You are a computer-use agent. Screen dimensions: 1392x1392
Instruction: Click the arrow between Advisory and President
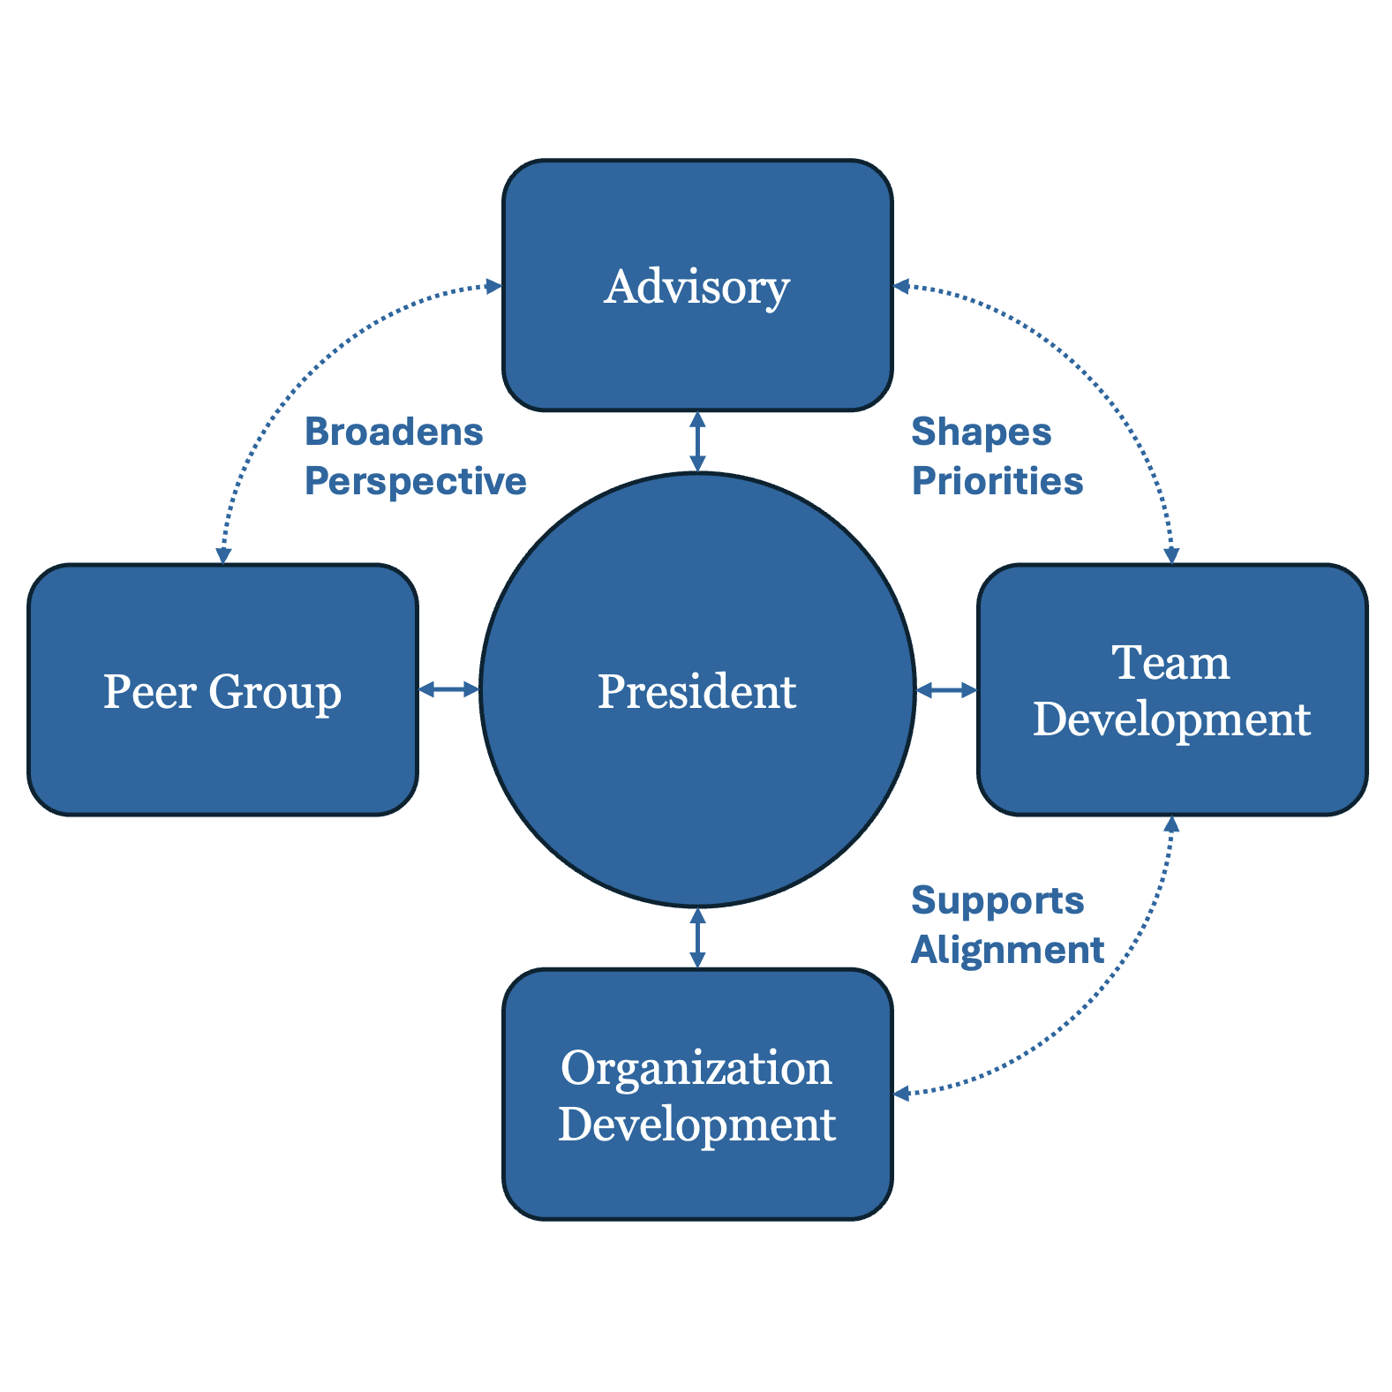coord(697,442)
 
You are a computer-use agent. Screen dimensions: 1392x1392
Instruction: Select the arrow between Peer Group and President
coord(448,689)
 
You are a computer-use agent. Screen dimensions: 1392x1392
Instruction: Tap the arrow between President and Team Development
coord(946,689)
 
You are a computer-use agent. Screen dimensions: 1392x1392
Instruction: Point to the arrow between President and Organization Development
coord(697,937)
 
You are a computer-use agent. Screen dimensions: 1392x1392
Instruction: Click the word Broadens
coord(394,433)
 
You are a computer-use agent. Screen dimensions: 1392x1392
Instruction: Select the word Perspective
coord(415,482)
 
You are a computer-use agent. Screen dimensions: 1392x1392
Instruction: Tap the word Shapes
coord(981,433)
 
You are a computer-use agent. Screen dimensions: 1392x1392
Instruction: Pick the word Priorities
coord(997,482)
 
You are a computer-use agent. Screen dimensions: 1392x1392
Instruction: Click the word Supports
coord(997,901)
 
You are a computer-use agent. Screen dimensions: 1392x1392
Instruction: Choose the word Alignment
coord(1007,951)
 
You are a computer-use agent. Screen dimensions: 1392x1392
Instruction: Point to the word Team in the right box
coord(1170,662)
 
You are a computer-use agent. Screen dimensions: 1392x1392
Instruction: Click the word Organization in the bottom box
coord(696,1068)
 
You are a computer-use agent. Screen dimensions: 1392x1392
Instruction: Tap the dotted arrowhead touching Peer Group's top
coord(223,555)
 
